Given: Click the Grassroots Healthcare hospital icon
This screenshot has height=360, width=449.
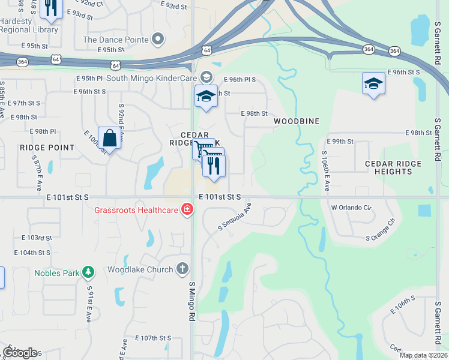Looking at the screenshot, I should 187,210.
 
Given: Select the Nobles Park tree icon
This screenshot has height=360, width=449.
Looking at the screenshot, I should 89,273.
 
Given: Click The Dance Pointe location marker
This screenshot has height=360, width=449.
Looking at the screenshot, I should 158,40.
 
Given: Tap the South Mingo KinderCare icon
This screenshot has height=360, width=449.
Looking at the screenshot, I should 206,77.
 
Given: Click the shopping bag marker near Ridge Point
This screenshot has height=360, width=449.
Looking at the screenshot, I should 110,138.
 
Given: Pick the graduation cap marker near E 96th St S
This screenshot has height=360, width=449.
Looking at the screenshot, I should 373,83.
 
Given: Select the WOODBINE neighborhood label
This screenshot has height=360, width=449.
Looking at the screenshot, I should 297,121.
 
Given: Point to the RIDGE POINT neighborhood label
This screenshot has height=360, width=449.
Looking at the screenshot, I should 47,147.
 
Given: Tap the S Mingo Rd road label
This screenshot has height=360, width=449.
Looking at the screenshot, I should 192,301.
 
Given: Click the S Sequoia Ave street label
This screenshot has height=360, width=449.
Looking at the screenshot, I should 235,217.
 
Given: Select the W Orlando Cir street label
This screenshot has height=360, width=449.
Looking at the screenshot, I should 352,208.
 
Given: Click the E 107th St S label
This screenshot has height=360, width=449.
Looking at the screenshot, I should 153,338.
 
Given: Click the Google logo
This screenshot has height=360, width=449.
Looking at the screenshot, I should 20,353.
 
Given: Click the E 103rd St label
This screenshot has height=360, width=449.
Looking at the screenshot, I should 37,238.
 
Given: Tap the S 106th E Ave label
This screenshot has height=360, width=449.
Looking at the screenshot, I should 325,171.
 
